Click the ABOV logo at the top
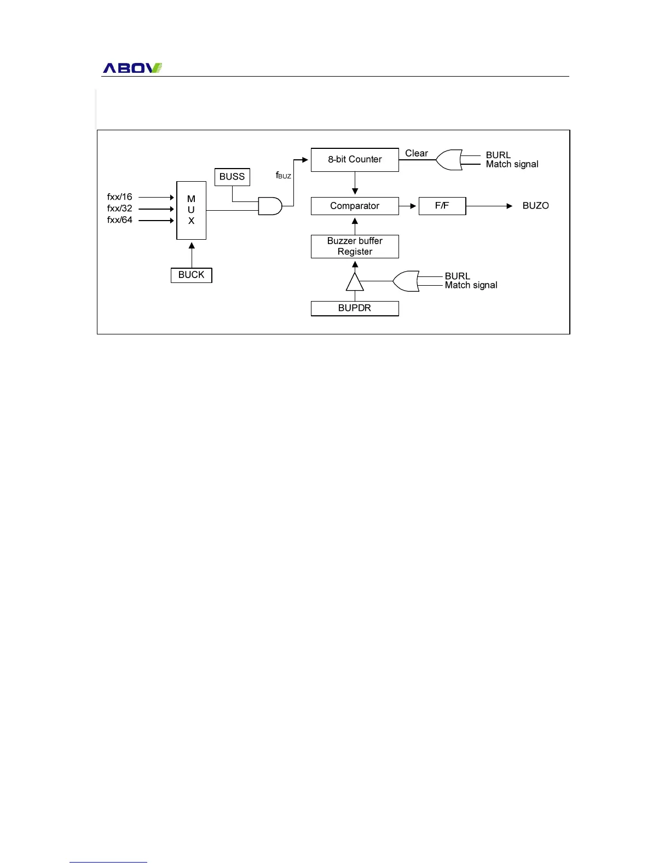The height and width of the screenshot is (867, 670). pos(132,68)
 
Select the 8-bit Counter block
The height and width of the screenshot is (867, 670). pos(355,160)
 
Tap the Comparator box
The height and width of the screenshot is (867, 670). pos(355,206)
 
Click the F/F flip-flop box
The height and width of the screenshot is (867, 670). pos(442,206)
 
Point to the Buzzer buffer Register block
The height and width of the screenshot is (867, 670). pos(355,246)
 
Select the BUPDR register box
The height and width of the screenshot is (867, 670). pos(355,308)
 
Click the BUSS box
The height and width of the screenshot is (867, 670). pos(232,177)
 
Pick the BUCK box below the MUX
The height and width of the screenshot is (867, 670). pos(191,275)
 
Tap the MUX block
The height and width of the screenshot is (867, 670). pos(191,210)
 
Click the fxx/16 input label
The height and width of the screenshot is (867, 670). pos(120,197)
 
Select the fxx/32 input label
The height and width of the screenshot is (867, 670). pos(120,209)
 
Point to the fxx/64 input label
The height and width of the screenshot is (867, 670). pos(120,220)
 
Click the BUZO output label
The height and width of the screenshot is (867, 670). pos(535,206)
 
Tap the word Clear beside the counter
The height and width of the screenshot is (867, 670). pos(417,153)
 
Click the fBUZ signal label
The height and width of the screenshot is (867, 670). pos(284,175)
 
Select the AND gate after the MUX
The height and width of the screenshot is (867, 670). pos(270,206)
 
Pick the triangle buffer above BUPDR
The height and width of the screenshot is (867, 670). pos(355,282)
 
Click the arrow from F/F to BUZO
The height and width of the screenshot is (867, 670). pos(489,206)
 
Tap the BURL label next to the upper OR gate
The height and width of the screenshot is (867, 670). pos(498,155)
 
